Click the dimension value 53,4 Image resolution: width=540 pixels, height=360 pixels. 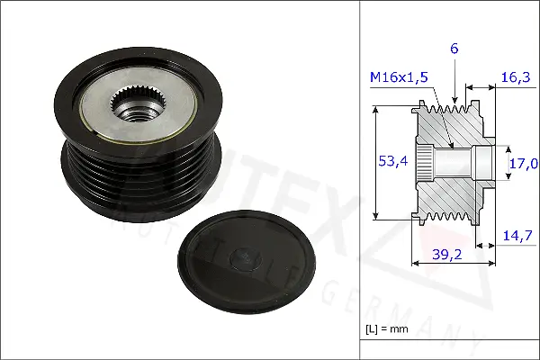[392, 161]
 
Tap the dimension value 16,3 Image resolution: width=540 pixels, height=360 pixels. [513, 79]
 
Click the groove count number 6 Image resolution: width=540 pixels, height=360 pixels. [454, 49]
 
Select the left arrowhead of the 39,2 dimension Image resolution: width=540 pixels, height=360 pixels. [414, 264]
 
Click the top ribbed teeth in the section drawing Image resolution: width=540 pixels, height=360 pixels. [450, 112]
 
